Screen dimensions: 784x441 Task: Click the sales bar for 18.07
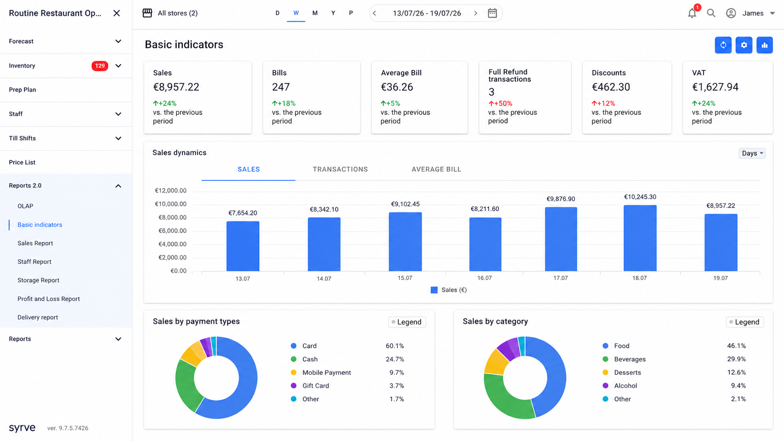[640, 238]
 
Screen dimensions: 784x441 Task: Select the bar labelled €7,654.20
[242, 246]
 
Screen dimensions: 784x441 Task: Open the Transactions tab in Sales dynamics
[340, 169]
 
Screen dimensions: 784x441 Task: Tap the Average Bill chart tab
[436, 169]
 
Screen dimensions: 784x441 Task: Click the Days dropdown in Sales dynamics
[752, 153]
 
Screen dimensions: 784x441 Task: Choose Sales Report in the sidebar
[35, 243]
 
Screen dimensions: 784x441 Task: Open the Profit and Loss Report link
[49, 299]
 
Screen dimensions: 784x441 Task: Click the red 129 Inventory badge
[100, 66]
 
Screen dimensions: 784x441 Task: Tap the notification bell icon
[692, 13]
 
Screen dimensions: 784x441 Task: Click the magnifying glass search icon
[711, 13]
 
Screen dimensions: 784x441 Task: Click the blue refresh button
[723, 45]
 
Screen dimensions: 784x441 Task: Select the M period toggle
[315, 13]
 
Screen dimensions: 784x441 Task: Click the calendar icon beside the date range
[492, 13]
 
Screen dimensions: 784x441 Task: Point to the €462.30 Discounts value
[611, 87]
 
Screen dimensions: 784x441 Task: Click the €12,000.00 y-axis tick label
[171, 191]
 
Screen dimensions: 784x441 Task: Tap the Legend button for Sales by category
[745, 322]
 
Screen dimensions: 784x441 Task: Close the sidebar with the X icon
[117, 13]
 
